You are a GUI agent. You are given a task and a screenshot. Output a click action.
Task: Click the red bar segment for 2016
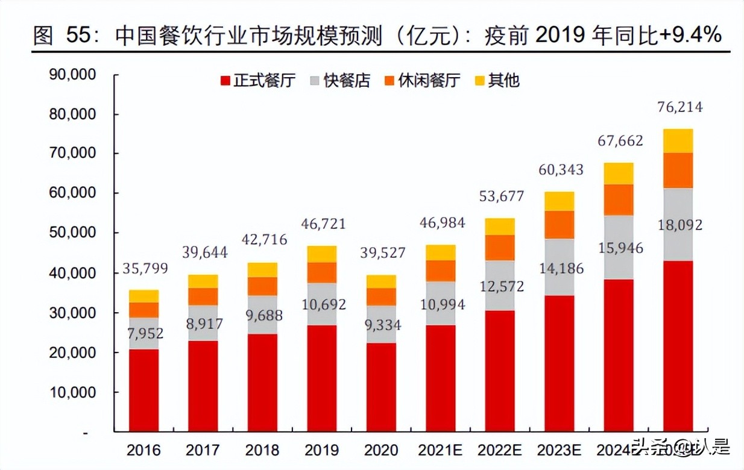click(143, 390)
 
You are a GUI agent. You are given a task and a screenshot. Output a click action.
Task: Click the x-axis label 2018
click(262, 450)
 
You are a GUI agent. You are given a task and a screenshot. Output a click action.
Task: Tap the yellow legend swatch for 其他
click(479, 80)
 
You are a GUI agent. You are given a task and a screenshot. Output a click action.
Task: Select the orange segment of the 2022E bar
click(499, 248)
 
